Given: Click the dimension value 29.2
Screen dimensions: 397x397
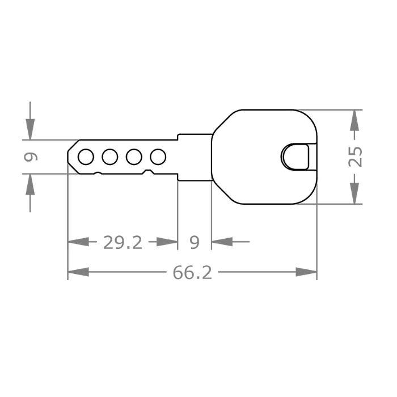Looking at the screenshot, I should point(123,243).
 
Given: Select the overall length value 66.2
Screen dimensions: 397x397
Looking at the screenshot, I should point(192,273).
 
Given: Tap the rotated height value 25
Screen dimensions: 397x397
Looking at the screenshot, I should point(354,157).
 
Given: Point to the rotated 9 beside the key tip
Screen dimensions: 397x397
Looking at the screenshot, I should point(31,157).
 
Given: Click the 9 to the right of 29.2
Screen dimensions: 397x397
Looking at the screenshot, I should point(195,243).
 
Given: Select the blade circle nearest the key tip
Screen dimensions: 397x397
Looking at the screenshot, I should point(86,156).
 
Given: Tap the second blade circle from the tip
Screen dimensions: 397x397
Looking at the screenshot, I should point(110,156).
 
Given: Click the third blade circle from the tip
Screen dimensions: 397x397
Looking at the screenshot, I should point(134,156).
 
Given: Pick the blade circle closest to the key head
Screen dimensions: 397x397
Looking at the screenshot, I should point(158,156).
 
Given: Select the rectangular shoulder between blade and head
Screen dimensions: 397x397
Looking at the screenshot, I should point(195,157).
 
